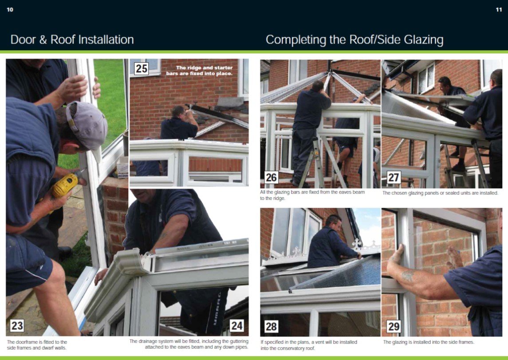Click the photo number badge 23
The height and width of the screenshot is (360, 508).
(17, 325)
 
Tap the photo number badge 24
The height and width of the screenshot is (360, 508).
(237, 325)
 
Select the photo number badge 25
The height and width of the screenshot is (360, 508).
(141, 69)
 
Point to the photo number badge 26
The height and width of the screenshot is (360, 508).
(271, 177)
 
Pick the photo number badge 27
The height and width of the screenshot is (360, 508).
(393, 177)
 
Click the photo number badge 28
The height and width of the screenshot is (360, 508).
(271, 326)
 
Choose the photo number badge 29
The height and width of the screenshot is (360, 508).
(393, 326)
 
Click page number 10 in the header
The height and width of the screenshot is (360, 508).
(10, 10)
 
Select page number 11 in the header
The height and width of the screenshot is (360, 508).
(499, 10)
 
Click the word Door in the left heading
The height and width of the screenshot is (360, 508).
(23, 40)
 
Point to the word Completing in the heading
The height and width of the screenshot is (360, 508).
(296, 40)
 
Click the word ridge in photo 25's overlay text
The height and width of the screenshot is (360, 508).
(194, 68)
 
